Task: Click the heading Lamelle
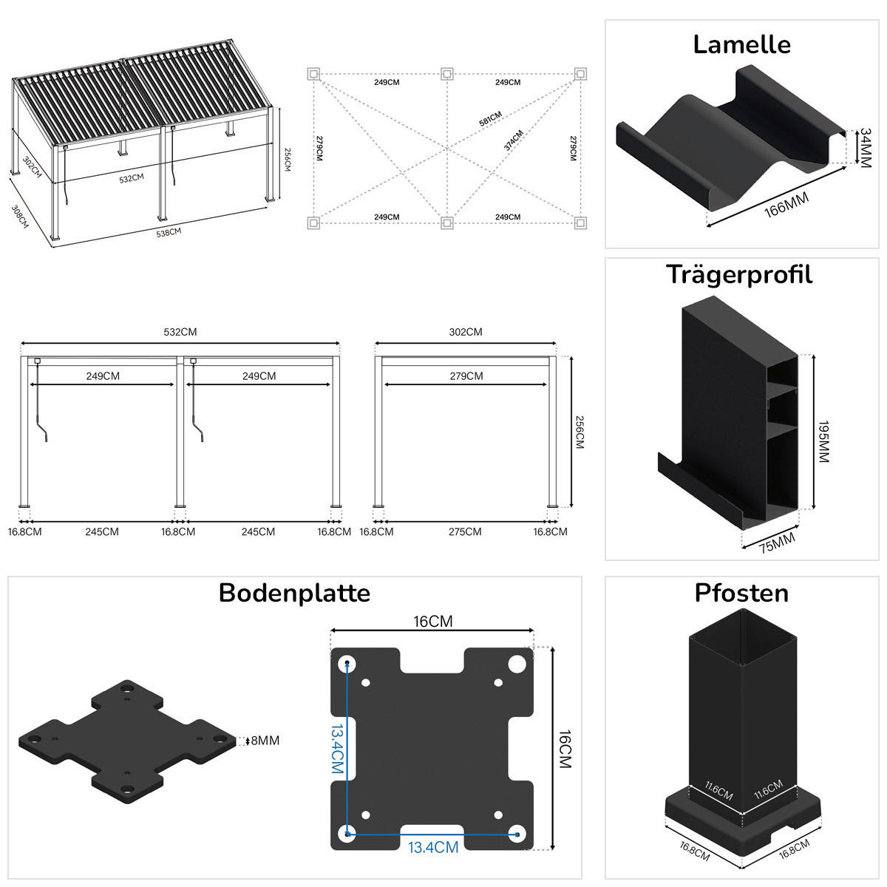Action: coord(741,45)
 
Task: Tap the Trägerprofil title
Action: coord(739,275)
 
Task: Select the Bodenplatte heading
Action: coord(294,593)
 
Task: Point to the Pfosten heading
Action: coord(741,593)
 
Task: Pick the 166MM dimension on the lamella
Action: coord(786,204)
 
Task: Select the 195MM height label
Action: coord(823,442)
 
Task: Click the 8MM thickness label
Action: coord(265,741)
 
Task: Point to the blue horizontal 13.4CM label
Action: coord(433,847)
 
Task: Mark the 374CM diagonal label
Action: coord(513,140)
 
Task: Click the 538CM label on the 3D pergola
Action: coord(169,232)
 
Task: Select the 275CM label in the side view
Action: coord(464,531)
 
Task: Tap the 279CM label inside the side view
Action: coord(466,376)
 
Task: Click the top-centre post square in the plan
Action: coord(446,74)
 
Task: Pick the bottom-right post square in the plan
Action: coord(580,222)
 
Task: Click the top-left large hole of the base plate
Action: coord(347,664)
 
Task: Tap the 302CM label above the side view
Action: coord(466,332)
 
